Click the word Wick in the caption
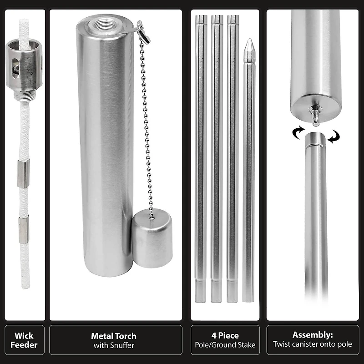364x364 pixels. coord(24,336)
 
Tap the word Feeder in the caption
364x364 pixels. coord(24,344)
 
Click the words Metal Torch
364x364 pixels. coord(114,336)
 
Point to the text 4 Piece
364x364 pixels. coord(225,336)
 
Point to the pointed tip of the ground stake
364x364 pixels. coord(248,44)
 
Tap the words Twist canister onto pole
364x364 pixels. coord(313,344)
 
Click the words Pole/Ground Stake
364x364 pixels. coord(225,345)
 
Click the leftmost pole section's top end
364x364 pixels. coord(201,19)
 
